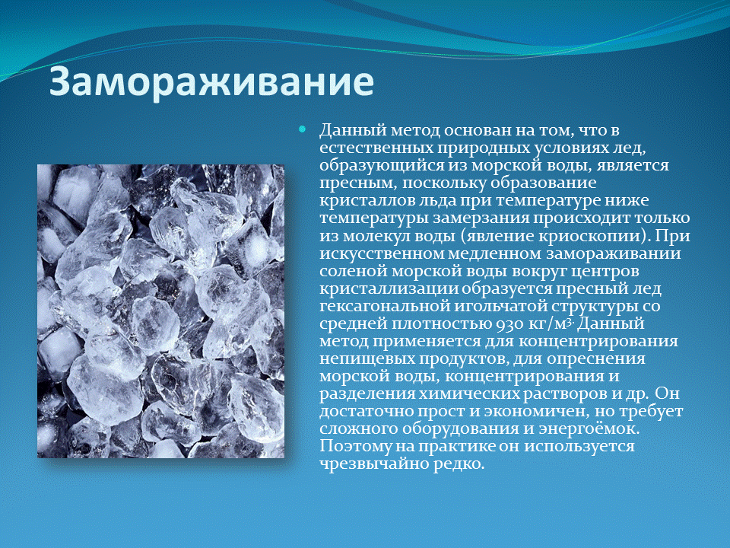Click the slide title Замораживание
(211, 83)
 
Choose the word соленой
(351, 271)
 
